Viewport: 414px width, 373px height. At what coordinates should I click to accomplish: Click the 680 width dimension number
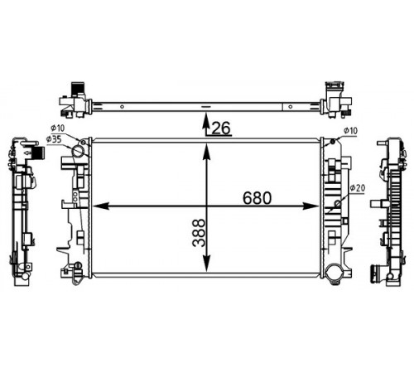point(258,198)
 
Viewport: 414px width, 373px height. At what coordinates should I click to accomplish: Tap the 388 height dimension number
point(199,233)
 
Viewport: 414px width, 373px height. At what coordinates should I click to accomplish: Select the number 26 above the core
point(221,128)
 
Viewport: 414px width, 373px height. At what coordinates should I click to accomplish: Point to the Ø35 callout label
point(54,139)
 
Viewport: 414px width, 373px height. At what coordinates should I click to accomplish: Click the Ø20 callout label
point(358,188)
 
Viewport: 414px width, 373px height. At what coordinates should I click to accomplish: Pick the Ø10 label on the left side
point(57,128)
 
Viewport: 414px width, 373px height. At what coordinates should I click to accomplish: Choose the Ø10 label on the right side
point(350,131)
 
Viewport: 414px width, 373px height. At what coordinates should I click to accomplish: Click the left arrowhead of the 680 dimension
point(100,206)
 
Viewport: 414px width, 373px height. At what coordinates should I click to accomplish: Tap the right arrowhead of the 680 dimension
point(311,206)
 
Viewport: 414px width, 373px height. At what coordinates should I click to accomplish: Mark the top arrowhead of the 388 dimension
point(206,153)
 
